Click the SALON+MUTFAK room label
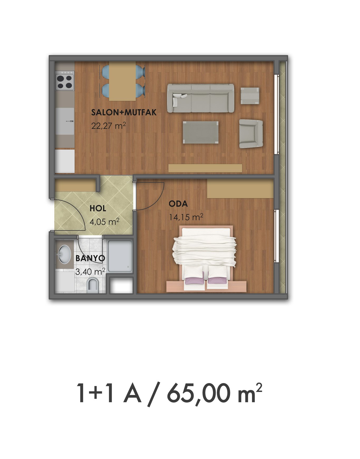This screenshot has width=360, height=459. (x=124, y=113)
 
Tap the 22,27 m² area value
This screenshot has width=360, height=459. (x=108, y=125)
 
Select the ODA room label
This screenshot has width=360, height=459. (x=178, y=204)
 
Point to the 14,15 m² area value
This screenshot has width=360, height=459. (x=186, y=217)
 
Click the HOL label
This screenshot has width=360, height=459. (x=98, y=209)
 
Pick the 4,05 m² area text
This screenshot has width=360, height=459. (x=104, y=221)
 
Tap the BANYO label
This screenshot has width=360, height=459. (x=90, y=258)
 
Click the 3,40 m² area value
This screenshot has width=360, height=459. (x=90, y=271)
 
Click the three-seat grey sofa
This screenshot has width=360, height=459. (x=201, y=98)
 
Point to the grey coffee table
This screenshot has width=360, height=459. (x=201, y=132)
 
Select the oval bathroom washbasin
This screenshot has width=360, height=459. (x=65, y=254)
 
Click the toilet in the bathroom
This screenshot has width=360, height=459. (x=93, y=285)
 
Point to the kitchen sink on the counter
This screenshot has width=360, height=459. (x=65, y=121)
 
